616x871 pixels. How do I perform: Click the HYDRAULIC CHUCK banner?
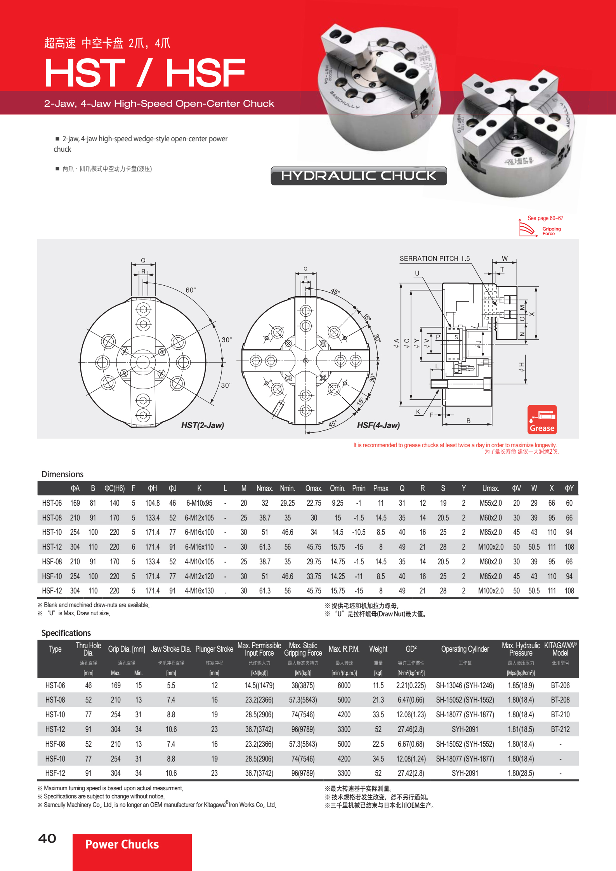coord(359,176)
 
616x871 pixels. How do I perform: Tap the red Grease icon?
coord(542,420)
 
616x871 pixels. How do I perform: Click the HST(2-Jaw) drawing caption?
coord(202,425)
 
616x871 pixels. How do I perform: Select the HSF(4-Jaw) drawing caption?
coord(378,425)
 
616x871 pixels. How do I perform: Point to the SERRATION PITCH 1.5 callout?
coord(434,259)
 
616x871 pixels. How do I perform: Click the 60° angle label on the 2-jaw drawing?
coord(191,290)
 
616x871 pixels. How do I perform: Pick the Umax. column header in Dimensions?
coord(491,488)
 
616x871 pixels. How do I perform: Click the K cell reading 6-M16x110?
coord(199,547)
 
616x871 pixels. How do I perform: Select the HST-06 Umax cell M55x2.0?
coord(491,503)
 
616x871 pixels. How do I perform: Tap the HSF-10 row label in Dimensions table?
coord(52,576)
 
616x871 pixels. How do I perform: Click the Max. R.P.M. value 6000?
coord(344,685)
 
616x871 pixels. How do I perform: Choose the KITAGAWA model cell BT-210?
coord(560,715)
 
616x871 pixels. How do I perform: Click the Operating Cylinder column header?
coord(465,649)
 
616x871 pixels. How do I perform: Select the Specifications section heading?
coord(66,633)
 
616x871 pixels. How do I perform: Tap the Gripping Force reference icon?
coord(540,229)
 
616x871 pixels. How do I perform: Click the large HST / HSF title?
coord(145,73)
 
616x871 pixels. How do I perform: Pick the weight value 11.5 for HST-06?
coord(378,685)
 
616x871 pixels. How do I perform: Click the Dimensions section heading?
coord(62,474)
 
